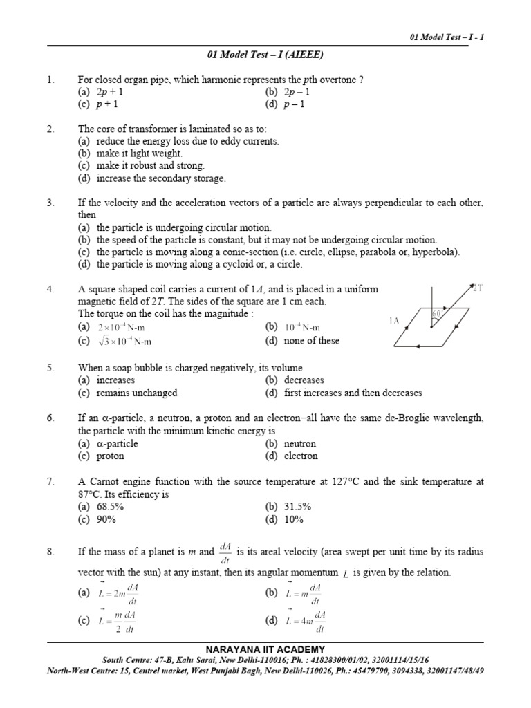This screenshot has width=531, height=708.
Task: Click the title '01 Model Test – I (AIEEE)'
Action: click(x=265, y=55)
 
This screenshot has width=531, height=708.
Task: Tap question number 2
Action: click(x=50, y=129)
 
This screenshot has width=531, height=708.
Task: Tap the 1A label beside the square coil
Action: click(x=395, y=321)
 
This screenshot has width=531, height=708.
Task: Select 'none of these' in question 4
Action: click(x=312, y=341)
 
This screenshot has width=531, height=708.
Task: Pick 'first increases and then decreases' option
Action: click(x=353, y=393)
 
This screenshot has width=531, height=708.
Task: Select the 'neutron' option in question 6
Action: click(x=300, y=444)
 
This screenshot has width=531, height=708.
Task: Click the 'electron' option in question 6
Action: click(x=301, y=456)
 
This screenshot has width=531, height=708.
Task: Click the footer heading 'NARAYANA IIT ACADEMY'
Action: click(x=265, y=650)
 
